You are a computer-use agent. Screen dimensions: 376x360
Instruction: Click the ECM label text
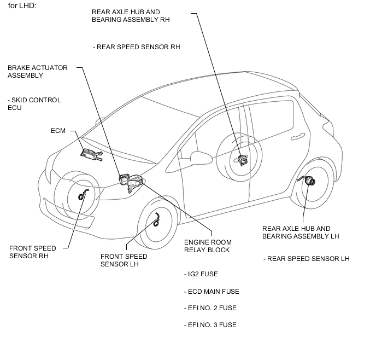(x=58, y=131)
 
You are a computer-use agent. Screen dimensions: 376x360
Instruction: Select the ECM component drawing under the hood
(x=92, y=154)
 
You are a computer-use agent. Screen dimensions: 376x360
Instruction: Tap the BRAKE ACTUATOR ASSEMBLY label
(x=37, y=72)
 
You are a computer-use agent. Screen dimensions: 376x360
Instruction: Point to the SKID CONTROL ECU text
(x=34, y=104)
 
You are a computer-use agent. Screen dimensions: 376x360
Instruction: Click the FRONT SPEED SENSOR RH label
(x=33, y=252)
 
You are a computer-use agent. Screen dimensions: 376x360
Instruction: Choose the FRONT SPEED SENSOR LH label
(x=124, y=260)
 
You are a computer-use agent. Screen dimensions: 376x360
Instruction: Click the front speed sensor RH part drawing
(x=83, y=194)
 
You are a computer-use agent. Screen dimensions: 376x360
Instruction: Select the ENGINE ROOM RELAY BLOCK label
(x=208, y=246)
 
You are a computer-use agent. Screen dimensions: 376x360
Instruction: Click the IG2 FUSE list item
(x=201, y=274)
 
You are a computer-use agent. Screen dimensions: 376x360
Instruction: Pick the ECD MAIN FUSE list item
(x=211, y=292)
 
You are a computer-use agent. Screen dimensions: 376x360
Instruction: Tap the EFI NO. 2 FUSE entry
(x=210, y=308)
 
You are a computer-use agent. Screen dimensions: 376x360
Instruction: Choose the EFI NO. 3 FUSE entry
(x=210, y=325)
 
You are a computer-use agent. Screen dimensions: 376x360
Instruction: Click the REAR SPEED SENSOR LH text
(x=306, y=259)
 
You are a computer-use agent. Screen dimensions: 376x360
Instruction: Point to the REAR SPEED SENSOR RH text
(x=136, y=47)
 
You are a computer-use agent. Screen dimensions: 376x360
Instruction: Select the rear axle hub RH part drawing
(x=242, y=160)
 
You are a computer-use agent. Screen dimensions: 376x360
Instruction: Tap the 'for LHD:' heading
(x=22, y=6)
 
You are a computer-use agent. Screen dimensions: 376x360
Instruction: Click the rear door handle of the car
(x=298, y=137)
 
